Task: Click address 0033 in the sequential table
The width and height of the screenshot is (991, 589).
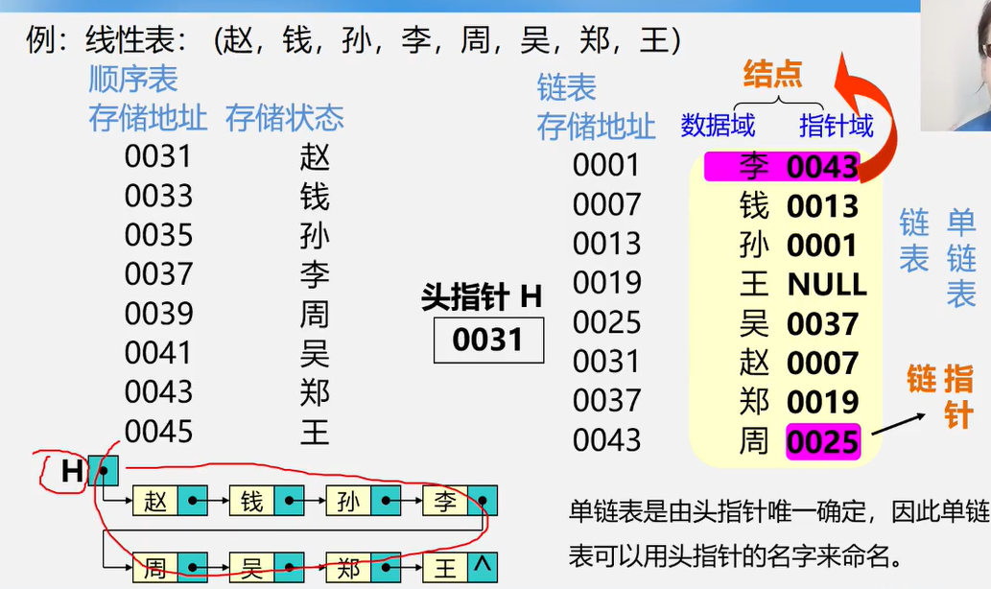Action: click(x=158, y=196)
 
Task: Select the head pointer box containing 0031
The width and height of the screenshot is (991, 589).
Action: click(x=488, y=340)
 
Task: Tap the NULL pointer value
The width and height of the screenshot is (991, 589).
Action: click(x=826, y=285)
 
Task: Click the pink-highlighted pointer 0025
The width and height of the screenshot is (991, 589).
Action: click(x=822, y=441)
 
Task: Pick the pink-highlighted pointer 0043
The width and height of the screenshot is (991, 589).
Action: click(x=822, y=167)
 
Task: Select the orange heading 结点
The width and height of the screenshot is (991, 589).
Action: click(x=772, y=74)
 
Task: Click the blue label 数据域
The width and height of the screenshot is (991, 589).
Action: click(x=718, y=125)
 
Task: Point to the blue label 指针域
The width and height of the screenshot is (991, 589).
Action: click(x=837, y=125)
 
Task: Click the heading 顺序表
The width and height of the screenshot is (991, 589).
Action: click(x=133, y=78)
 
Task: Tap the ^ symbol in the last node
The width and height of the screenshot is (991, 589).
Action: click(x=482, y=566)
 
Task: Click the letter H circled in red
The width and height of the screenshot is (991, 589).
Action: click(x=72, y=471)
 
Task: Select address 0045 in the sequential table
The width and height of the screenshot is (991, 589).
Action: click(x=158, y=432)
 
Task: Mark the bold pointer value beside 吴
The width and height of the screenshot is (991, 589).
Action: click(x=822, y=324)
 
